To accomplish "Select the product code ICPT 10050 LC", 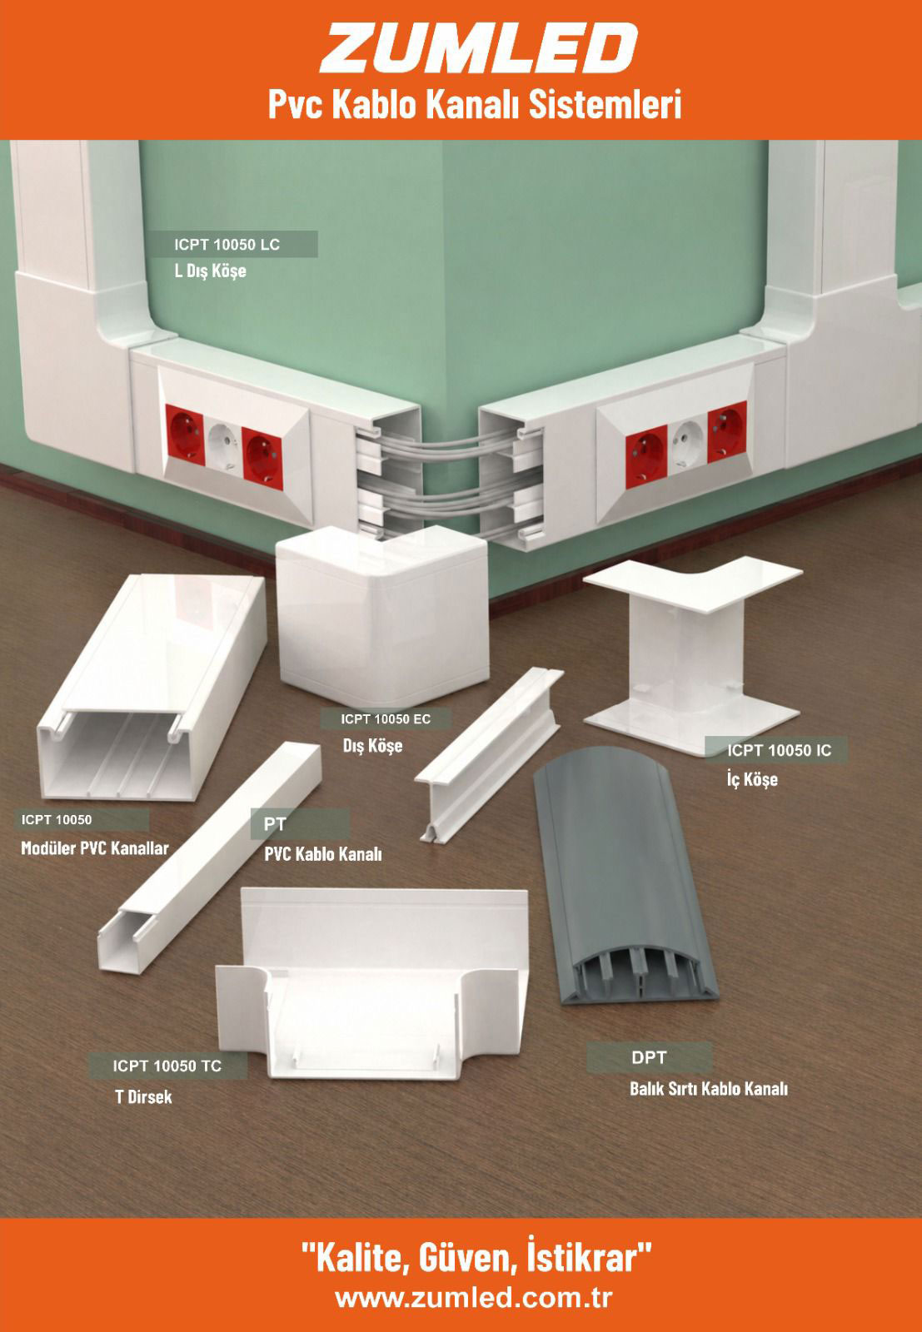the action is [x=227, y=245].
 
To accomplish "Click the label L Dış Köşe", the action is [x=210, y=271].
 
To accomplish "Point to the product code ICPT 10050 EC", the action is [x=386, y=719].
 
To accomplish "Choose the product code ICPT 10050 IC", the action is [x=780, y=750].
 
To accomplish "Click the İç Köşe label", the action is [x=752, y=779].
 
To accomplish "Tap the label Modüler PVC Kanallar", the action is [x=95, y=848].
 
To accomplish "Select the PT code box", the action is [x=300, y=824].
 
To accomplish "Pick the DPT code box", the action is [x=649, y=1057].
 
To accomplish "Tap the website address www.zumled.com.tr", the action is [x=473, y=1298].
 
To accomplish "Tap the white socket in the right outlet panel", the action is [x=687, y=445].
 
